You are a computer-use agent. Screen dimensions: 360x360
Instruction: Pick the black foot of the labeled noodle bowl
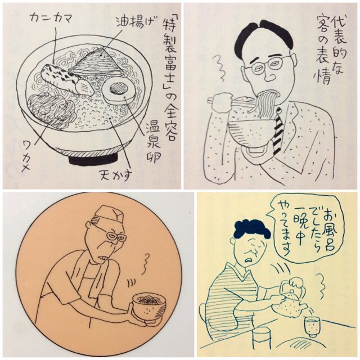[93, 160]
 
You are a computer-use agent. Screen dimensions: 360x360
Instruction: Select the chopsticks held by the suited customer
[229, 100]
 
